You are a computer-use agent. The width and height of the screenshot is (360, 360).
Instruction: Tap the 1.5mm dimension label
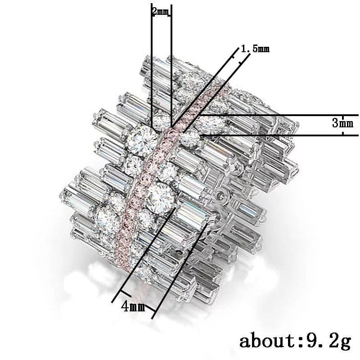pos(255,49)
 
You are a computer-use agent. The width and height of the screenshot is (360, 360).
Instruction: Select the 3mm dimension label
pos(342,122)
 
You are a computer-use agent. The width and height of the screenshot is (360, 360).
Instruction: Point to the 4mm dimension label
pos(133,307)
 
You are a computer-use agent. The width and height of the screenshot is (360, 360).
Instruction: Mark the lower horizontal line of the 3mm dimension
pos(279,135)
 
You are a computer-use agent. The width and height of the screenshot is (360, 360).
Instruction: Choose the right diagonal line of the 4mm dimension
pos(180,270)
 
